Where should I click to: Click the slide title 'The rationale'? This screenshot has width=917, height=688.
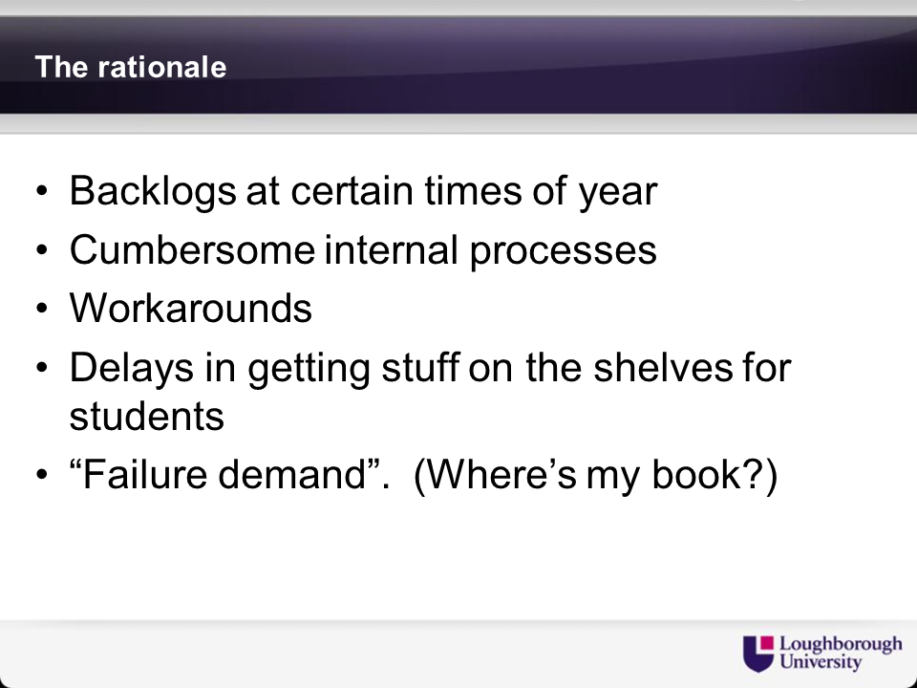point(131,67)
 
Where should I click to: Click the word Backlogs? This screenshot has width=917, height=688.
point(153,191)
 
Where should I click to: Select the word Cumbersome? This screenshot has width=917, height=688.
point(192,249)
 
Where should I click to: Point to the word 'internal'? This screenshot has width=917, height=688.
point(391,249)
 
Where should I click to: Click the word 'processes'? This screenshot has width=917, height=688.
point(564,252)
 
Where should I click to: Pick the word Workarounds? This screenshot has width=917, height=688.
point(191,308)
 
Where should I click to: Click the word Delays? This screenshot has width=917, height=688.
point(132,369)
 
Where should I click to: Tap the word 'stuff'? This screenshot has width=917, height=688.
point(420,367)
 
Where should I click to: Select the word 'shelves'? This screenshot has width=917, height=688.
point(663,367)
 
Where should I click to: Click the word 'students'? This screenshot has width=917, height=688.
point(147,416)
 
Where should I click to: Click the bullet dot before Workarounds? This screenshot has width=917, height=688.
point(41,308)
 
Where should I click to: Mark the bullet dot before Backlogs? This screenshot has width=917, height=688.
point(41,191)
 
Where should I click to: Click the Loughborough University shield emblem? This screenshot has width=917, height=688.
point(758,654)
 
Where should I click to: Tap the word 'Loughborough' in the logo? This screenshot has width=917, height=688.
point(841,645)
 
